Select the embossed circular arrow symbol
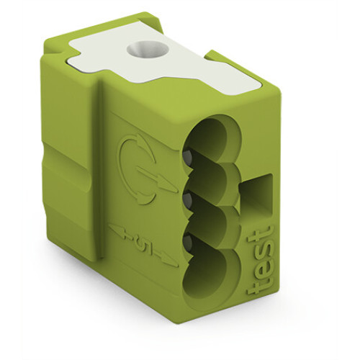[143, 161]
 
